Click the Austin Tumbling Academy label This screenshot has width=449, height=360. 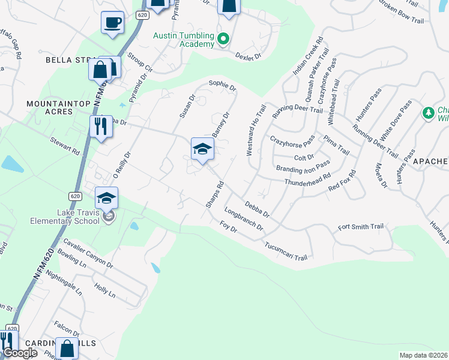point(183,40)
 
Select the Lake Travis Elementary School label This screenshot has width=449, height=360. point(65,216)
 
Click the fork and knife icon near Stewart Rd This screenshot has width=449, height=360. point(100,127)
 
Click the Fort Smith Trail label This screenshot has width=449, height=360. point(360,227)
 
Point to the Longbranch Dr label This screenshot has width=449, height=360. point(244,219)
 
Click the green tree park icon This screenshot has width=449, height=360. point(428,112)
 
